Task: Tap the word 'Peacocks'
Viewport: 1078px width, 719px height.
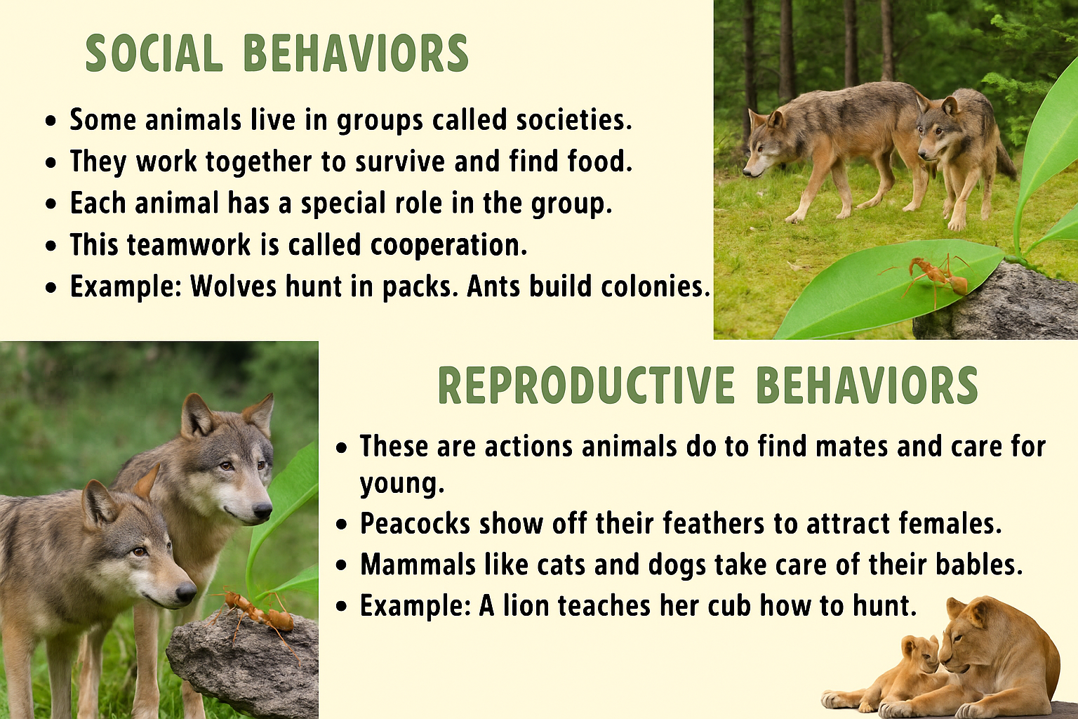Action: coord(415,523)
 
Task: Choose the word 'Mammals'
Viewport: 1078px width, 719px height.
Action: coord(418,564)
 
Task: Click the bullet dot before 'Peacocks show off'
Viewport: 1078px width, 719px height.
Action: coord(342,525)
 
